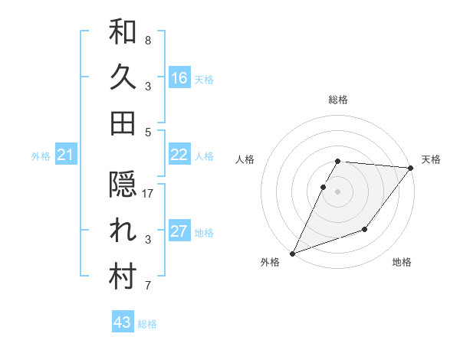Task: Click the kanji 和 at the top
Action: pyautogui.click(x=123, y=33)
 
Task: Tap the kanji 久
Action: pyautogui.click(x=123, y=77)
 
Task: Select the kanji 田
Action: pyautogui.click(x=123, y=123)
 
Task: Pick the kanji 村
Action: pyautogui.click(x=123, y=277)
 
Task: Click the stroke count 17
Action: pyautogui.click(x=148, y=195)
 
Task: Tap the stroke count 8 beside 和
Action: pyautogui.click(x=148, y=40)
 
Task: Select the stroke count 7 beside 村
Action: pyautogui.click(x=148, y=286)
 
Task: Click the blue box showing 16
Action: pyautogui.click(x=179, y=77)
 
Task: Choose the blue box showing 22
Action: pyautogui.click(x=179, y=155)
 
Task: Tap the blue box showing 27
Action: pyautogui.click(x=179, y=231)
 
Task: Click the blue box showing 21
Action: pyautogui.click(x=65, y=155)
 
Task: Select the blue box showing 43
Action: pyautogui.click(x=122, y=322)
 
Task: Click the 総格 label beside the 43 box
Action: pyautogui.click(x=148, y=324)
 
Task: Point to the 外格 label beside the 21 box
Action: pyautogui.click(x=41, y=156)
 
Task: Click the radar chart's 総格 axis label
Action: pyautogui.click(x=338, y=100)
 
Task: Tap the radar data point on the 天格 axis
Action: pyautogui.click(x=411, y=168)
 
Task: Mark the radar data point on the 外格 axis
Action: pyautogui.click(x=293, y=254)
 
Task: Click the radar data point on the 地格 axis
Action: pyautogui.click(x=365, y=229)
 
